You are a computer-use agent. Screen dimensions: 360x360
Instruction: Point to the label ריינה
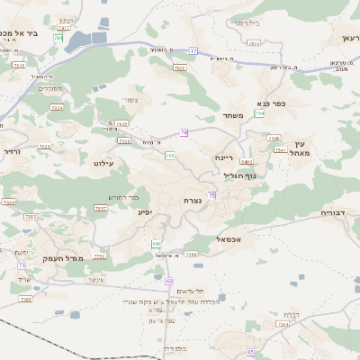tap(224, 157)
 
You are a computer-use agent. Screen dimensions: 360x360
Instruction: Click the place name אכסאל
tap(231, 239)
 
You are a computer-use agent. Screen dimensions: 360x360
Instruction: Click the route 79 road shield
tap(184, 132)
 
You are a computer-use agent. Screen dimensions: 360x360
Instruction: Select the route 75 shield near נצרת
tap(212, 195)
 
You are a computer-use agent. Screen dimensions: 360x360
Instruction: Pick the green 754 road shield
tap(260, 113)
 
